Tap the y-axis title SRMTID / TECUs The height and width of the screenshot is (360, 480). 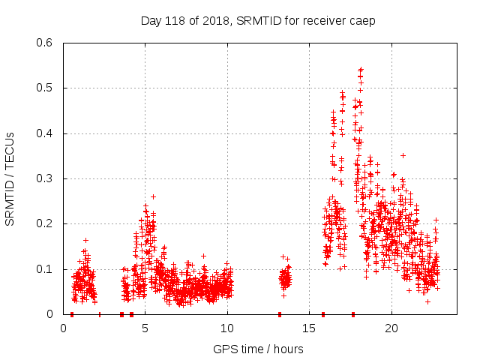click(x=10, y=178)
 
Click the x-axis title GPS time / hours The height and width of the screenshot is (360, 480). click(x=258, y=349)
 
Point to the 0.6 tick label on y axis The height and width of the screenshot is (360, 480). click(x=45, y=43)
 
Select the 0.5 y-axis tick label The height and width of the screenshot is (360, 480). click(x=45, y=88)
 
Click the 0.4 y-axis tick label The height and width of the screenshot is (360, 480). click(x=45, y=133)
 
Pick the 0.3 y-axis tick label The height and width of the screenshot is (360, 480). click(x=45, y=178)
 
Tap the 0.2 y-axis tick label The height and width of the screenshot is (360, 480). click(x=45, y=223)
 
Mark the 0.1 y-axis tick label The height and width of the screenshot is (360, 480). click(x=45, y=268)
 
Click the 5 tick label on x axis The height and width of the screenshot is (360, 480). click(x=145, y=328)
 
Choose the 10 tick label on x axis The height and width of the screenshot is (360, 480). click(x=227, y=328)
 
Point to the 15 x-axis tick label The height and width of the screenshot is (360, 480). click(x=309, y=328)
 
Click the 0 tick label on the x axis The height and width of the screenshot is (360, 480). click(x=64, y=328)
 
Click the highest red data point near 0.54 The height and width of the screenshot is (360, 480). click(x=361, y=70)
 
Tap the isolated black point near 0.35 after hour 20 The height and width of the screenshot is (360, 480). click(x=403, y=155)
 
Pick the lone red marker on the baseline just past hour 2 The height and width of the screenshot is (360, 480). click(x=99, y=314)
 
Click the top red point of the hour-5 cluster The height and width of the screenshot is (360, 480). click(x=153, y=196)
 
